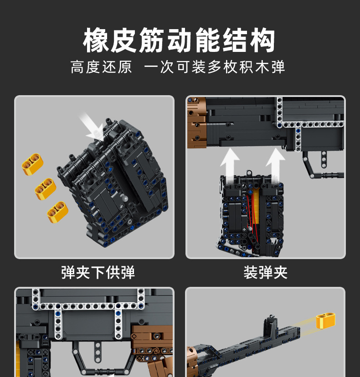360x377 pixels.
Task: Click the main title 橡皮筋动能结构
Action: click(x=180, y=41)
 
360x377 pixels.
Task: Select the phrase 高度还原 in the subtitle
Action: click(x=101, y=67)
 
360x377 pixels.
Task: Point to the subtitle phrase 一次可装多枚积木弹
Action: click(x=215, y=67)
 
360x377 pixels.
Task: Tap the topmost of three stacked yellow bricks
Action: click(x=33, y=164)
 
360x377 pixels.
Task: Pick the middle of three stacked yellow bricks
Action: click(x=45, y=187)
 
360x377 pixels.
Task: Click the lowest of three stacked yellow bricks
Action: click(x=58, y=211)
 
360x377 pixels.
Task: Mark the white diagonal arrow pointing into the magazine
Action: click(x=92, y=127)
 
